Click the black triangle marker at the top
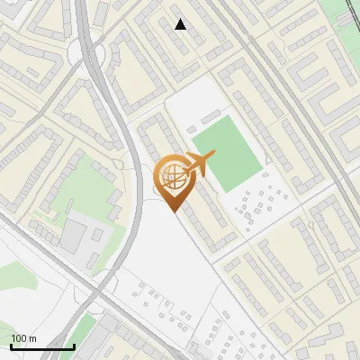point(181,24)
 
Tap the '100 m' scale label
point(23,338)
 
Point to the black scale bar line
point(42,346)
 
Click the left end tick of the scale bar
point(11,345)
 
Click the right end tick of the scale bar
point(74,345)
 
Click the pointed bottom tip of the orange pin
point(173,211)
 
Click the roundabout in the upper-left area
point(90,56)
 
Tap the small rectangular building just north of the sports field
point(213,113)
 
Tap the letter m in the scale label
point(33,338)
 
